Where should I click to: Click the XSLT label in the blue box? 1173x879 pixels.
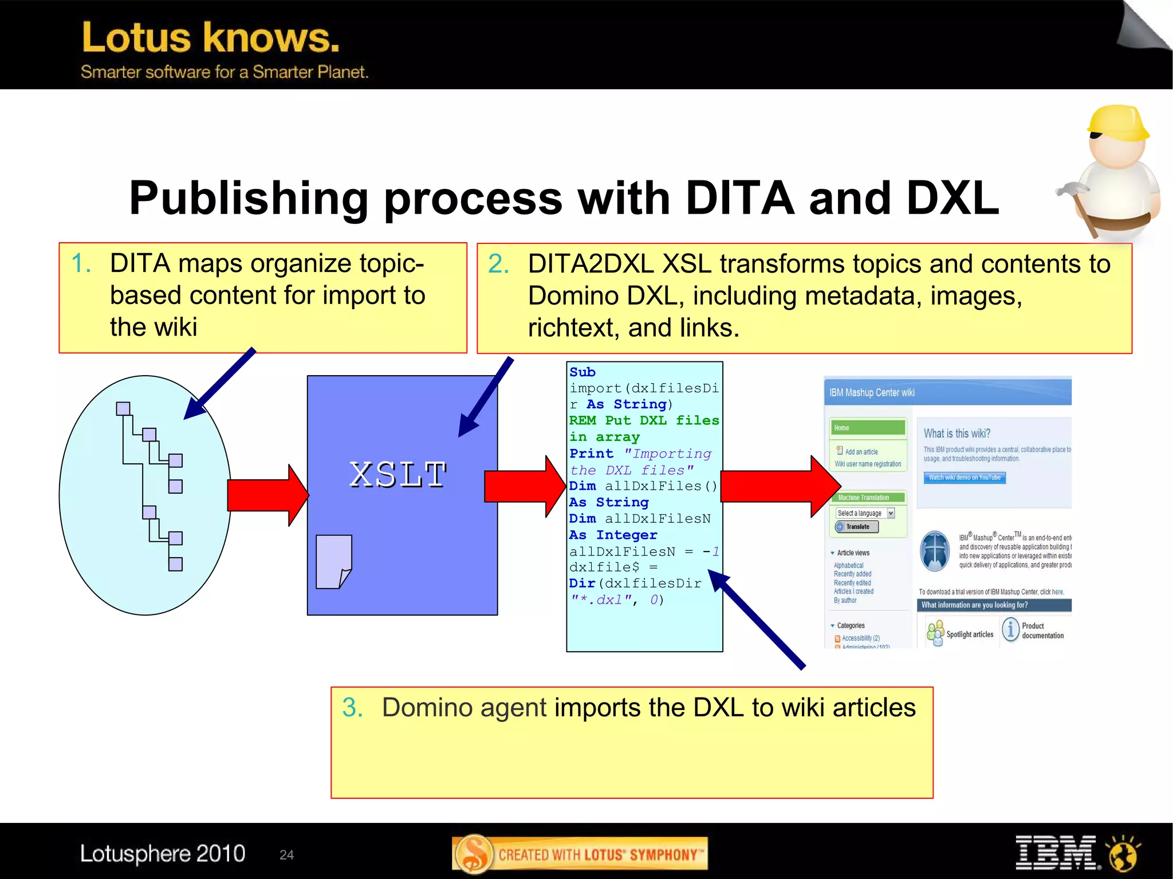tap(398, 475)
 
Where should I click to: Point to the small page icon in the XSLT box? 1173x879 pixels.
tap(333, 562)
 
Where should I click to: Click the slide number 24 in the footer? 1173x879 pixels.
tap(286, 855)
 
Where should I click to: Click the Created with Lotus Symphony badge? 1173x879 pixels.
tap(580, 854)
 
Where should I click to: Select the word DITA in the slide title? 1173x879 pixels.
tap(739, 198)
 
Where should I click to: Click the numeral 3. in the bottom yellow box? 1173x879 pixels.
tap(352, 708)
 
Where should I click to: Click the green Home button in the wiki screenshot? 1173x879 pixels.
tap(867, 428)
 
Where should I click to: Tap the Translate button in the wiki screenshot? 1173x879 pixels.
tap(857, 527)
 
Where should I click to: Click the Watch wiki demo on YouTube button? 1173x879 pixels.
tap(965, 478)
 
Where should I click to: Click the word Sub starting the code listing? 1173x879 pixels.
tap(582, 372)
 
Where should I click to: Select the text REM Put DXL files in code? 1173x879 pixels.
tap(644, 420)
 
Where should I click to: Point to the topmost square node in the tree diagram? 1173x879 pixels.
tap(123, 408)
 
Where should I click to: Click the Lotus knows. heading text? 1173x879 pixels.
tap(211, 38)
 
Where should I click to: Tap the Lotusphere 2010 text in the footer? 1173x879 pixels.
tap(163, 854)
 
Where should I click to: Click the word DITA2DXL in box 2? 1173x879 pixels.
tap(591, 264)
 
